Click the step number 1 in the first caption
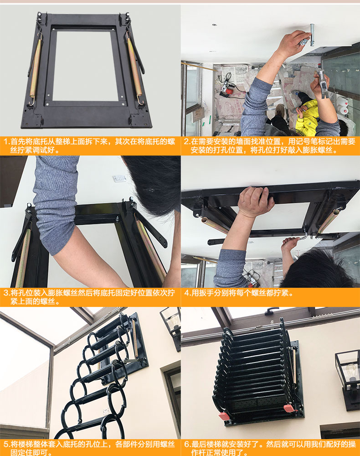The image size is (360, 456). [5, 142]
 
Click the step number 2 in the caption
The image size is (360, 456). [186, 142]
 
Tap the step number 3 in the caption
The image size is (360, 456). [6, 293]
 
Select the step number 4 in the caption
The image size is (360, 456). [186, 293]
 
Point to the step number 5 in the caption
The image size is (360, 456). [6, 444]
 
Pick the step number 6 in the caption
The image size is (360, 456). [186, 444]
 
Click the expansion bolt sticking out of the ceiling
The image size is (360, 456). [312, 35]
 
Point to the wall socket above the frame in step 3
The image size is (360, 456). [119, 178]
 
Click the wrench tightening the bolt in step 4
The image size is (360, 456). [303, 237]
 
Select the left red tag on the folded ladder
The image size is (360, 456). [224, 416]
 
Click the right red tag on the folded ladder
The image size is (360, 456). [289, 408]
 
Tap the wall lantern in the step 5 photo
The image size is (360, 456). [170, 327]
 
